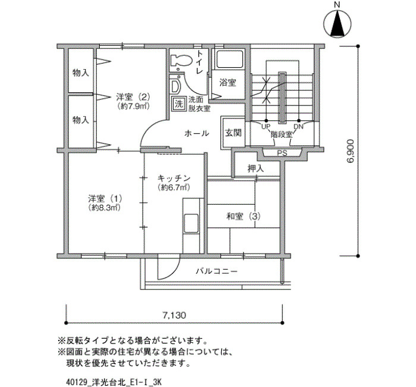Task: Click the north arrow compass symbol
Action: coord(338,23)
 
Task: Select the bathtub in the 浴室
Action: coord(230,59)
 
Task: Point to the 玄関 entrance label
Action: coord(233,133)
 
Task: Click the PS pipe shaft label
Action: coord(282,153)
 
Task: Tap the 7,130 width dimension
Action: coord(174,315)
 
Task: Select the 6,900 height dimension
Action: coord(351,151)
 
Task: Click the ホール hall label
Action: coord(197,133)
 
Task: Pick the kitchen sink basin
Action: coord(191,223)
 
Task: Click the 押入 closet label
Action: coord(256,168)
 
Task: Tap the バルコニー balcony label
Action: coord(217,271)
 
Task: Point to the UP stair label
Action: coord(266,126)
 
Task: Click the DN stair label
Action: coord(298,126)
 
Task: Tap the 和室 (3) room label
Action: coord(243,216)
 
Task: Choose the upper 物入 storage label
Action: coord(81,73)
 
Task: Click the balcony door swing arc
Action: coord(169,267)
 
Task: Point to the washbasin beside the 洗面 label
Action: coord(175,86)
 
